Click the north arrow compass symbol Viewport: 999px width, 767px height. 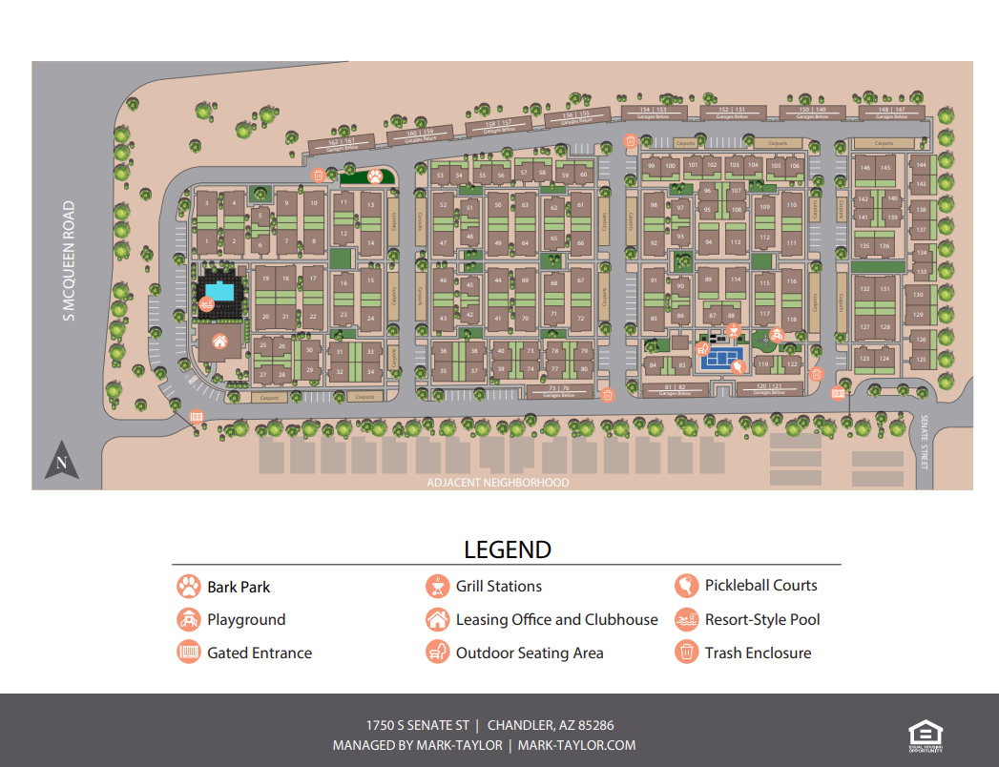[x=61, y=461]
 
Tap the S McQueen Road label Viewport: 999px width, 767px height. [x=69, y=260]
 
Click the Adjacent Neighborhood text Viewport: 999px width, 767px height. [x=499, y=483]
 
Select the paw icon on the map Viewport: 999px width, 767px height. [x=376, y=176]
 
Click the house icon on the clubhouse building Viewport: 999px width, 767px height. [x=219, y=341]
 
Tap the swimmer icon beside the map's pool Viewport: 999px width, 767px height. [x=206, y=304]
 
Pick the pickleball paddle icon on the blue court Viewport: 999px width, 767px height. [x=736, y=364]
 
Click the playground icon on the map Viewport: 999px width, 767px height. [x=777, y=335]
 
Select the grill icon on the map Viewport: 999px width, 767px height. [x=733, y=330]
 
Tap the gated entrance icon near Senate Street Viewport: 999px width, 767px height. [x=839, y=393]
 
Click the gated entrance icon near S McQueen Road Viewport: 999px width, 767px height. [x=197, y=416]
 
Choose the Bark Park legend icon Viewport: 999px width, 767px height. [x=188, y=587]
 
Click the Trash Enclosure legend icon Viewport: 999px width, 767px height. [x=686, y=653]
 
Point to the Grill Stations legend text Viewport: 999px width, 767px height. [x=499, y=587]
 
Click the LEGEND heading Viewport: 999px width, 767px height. [x=508, y=549]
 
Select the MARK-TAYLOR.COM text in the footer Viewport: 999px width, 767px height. [x=576, y=745]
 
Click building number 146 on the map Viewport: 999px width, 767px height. [x=865, y=168]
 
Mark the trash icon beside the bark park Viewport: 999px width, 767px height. [x=318, y=175]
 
